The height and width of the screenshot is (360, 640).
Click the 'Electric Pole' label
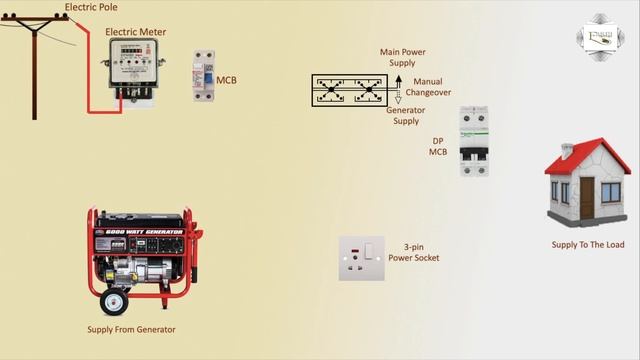[x=90, y=7]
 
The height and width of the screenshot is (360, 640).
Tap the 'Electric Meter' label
[x=136, y=32]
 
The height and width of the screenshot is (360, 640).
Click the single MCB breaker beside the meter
[x=204, y=76]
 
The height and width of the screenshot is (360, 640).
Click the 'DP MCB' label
[x=438, y=146]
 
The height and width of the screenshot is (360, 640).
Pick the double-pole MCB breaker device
[x=473, y=141]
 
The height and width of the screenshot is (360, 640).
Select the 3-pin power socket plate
[x=362, y=258]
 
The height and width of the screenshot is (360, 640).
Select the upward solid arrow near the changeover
[x=398, y=80]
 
